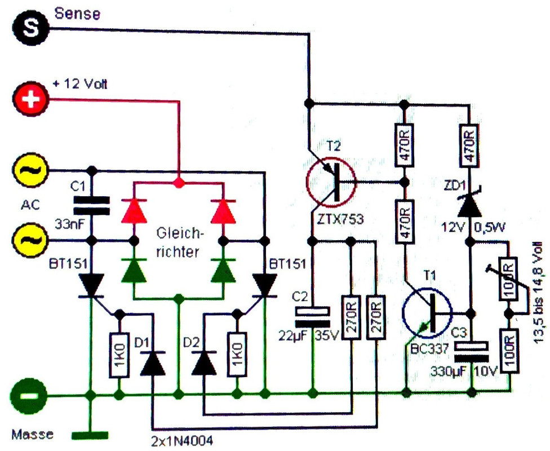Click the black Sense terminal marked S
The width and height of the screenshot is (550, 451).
(x=30, y=28)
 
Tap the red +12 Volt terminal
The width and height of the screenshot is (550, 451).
(x=30, y=99)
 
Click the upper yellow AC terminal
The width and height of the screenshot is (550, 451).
(x=30, y=170)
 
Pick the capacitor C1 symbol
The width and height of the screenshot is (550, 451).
(x=91, y=205)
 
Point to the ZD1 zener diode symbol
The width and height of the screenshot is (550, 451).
(x=470, y=204)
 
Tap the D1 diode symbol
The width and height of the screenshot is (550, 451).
(x=153, y=364)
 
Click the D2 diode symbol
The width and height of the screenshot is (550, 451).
(x=204, y=364)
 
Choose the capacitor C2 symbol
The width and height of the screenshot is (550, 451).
(x=313, y=317)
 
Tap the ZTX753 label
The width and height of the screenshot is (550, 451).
(x=340, y=219)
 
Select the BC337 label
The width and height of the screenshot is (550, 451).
(x=429, y=348)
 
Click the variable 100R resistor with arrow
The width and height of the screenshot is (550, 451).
(x=508, y=279)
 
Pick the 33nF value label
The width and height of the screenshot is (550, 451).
(x=70, y=224)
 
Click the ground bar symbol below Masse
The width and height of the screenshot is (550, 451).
(x=90, y=436)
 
